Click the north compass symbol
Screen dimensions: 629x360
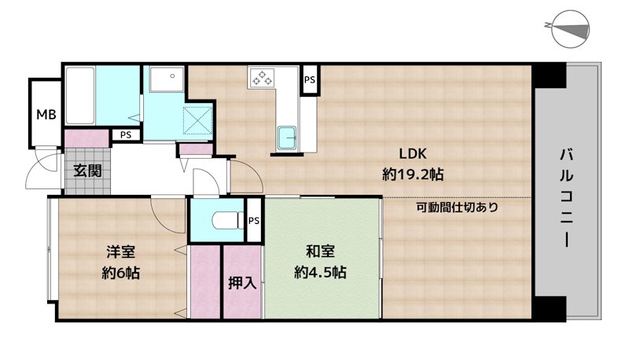569,29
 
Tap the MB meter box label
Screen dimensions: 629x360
46,115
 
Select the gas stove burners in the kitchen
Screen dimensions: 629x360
262,78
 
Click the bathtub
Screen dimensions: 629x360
80,95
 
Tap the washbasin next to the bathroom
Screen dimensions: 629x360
167,79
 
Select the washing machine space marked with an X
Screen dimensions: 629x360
197,120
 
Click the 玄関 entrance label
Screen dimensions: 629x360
87,171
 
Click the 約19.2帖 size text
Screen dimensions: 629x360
413,174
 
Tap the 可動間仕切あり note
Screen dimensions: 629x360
457,208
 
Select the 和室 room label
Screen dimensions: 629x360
320,252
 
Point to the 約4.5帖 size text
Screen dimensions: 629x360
320,273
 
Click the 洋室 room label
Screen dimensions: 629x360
121,252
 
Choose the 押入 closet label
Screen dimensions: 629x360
242,283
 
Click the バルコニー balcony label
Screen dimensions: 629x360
566,197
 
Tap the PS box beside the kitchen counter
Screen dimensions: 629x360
309,79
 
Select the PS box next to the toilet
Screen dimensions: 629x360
253,221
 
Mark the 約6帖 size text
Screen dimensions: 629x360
121,273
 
